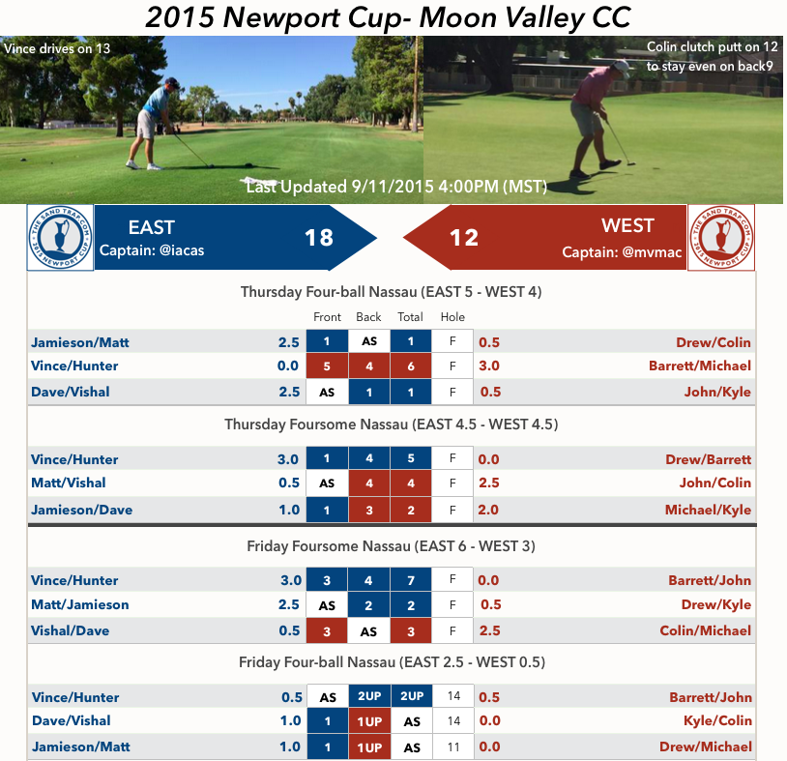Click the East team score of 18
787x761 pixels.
pyautogui.click(x=319, y=237)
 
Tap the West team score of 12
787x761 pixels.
pyautogui.click(x=463, y=237)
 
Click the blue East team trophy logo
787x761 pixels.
pyautogui.click(x=60, y=238)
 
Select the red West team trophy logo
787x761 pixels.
pyautogui.click(x=721, y=238)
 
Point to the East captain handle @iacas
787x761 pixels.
pyautogui.click(x=177, y=251)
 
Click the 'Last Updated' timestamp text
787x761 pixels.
pyautogui.click(x=396, y=187)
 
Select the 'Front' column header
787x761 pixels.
pyautogui.click(x=327, y=317)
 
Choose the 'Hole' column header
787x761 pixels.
pyautogui.click(x=452, y=317)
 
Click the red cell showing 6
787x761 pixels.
pyautogui.click(x=411, y=366)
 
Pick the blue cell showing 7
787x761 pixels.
pyautogui.click(x=411, y=580)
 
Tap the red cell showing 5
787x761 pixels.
pyautogui.click(x=327, y=366)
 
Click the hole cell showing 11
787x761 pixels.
pyautogui.click(x=452, y=746)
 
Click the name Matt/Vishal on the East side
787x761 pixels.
pyautogui.click(x=68, y=483)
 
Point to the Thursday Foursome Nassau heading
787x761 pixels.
pyautogui.click(x=391, y=424)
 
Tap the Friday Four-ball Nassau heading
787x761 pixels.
pyautogui.click(x=392, y=662)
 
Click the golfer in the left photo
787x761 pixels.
pyautogui.click(x=159, y=121)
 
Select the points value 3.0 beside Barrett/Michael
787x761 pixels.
pyautogui.click(x=489, y=366)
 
